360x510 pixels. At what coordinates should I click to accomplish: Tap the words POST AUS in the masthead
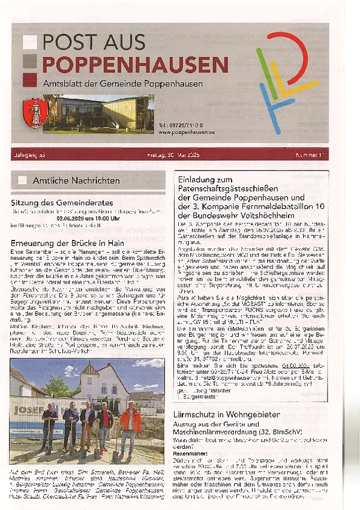click(x=94, y=41)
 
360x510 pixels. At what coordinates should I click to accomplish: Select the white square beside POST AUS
click(x=29, y=41)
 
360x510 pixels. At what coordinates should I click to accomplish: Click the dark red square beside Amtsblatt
click(x=29, y=82)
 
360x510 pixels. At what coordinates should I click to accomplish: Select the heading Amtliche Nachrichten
click(x=76, y=180)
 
